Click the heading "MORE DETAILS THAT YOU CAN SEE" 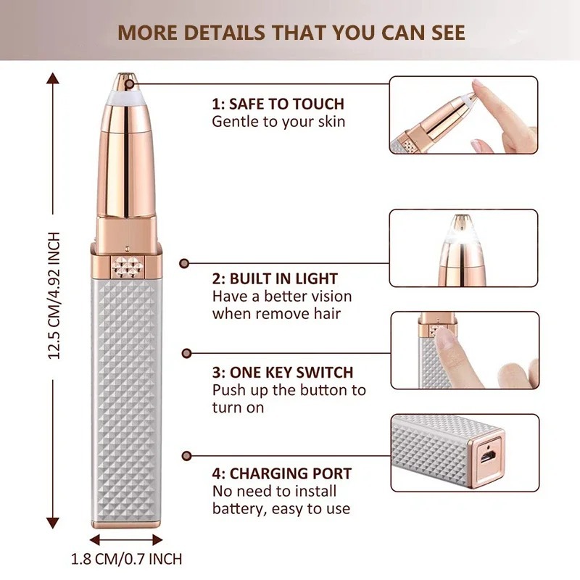pos(291,33)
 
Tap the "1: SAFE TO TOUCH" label pos(278,104)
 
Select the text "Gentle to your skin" pos(278,121)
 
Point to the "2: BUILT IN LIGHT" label pos(275,278)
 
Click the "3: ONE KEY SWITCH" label pos(282,373)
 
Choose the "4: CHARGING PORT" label pos(282,474)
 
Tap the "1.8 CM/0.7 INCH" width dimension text pos(127,558)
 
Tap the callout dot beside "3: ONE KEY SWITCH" pos(186,353)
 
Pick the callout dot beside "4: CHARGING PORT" pos(186,455)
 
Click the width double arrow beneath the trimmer pos(127,539)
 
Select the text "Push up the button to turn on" pos(289,398)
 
